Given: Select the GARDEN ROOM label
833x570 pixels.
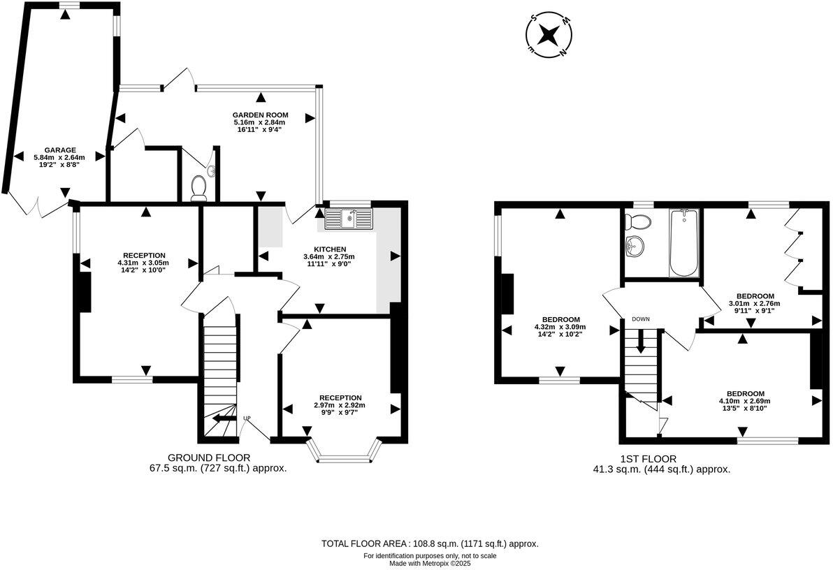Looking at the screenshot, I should point(260,115).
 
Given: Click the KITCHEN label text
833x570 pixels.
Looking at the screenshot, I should point(330,249).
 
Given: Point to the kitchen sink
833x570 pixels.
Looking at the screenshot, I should point(349,219).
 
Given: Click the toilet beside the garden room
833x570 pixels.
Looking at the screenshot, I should point(199,186).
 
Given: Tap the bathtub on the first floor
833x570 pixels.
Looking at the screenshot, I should point(682,242).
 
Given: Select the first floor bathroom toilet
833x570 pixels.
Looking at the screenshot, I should point(638,221).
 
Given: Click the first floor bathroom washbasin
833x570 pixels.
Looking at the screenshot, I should point(636,246).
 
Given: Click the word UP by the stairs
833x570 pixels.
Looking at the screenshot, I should point(247,418).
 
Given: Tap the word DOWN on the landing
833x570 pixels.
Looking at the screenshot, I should point(641,319).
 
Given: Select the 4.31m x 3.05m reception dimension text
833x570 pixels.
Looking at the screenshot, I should point(143,263).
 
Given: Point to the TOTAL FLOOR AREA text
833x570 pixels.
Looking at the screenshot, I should point(429,543).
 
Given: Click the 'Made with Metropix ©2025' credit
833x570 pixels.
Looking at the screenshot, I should point(429,562).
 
